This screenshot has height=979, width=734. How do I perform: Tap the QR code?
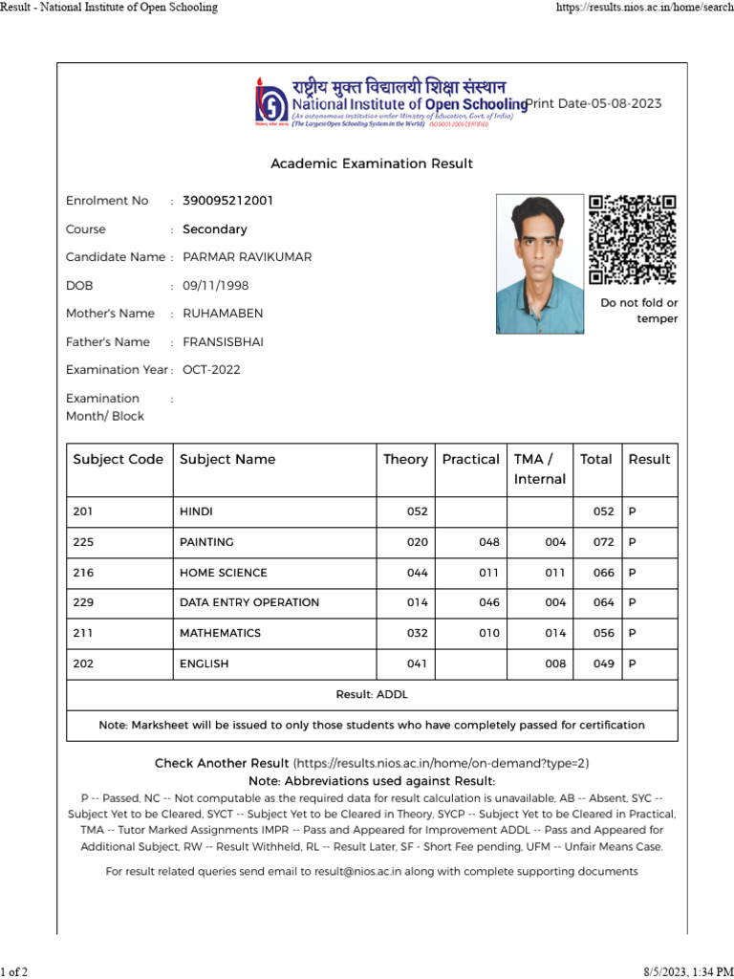tap(632, 239)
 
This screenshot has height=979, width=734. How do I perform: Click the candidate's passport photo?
tap(539, 264)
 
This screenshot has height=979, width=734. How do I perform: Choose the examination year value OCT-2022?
tap(211, 370)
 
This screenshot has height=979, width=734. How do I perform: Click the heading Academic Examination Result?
tap(372, 163)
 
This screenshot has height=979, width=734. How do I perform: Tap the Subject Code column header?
tap(119, 460)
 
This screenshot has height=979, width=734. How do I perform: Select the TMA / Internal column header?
tap(540, 468)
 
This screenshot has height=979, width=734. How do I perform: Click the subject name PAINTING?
tap(206, 542)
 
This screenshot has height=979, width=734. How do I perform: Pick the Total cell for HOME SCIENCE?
tap(603, 573)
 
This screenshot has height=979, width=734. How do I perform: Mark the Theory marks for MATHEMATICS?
tap(418, 633)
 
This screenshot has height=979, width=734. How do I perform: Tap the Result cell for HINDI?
tap(632, 511)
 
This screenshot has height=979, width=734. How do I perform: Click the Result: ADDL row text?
tap(372, 694)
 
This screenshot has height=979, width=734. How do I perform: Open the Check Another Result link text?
tap(222, 763)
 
